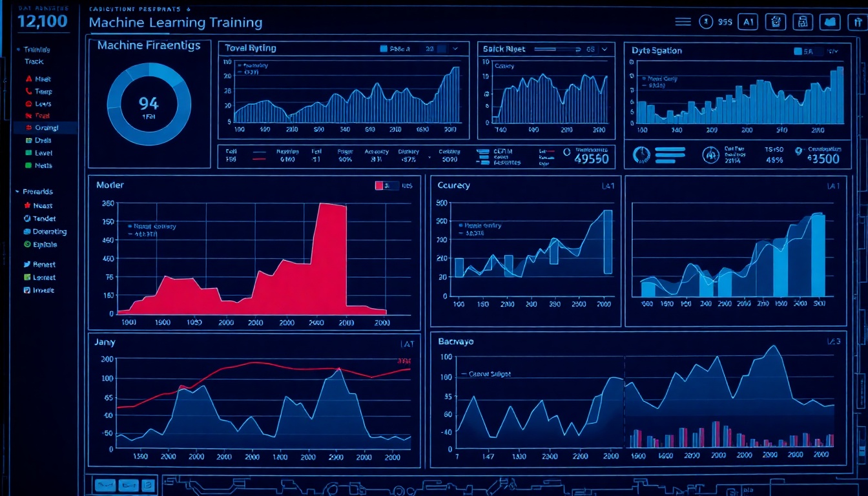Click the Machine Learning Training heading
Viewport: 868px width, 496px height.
pyautogui.click(x=175, y=23)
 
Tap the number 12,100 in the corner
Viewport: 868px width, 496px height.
pyautogui.click(x=43, y=21)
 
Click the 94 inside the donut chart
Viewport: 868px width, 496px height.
pyautogui.click(x=149, y=103)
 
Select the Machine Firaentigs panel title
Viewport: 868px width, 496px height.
pyautogui.click(x=149, y=46)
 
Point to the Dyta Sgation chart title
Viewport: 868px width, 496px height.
pyautogui.click(x=657, y=50)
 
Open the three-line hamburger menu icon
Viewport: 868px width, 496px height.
pyautogui.click(x=683, y=22)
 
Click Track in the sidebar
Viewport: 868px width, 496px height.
pyautogui.click(x=34, y=61)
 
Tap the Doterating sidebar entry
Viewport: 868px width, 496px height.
pyautogui.click(x=49, y=232)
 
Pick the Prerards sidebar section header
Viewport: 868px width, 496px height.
pyautogui.click(x=37, y=192)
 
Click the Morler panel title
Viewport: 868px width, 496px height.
pyautogui.click(x=110, y=185)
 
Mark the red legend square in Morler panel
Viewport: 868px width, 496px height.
pyautogui.click(x=379, y=186)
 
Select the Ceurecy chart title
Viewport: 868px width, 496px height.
pyautogui.click(x=453, y=186)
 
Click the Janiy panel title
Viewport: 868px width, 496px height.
pyautogui.click(x=105, y=342)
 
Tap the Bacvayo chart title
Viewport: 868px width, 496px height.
pyautogui.click(x=456, y=342)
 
